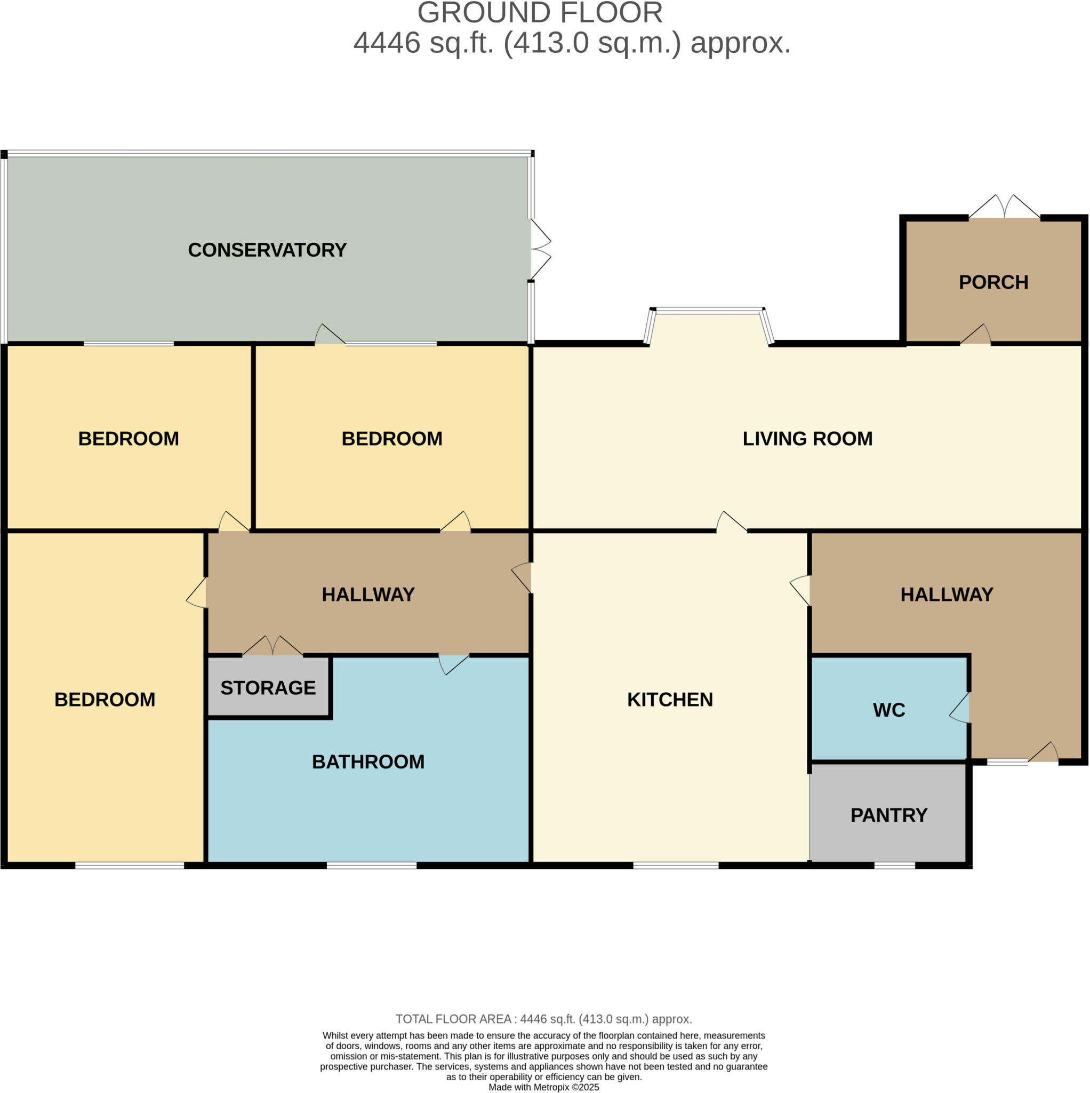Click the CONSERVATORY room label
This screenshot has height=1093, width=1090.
(x=267, y=250)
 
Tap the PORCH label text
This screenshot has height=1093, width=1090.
(x=993, y=282)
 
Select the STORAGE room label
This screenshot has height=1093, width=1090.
(x=268, y=688)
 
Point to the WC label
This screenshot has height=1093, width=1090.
(x=889, y=710)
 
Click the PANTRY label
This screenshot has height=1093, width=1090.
(x=889, y=815)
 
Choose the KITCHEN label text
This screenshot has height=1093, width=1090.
(x=670, y=700)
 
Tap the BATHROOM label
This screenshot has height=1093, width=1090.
(x=368, y=762)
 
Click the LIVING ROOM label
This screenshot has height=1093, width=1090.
(x=807, y=439)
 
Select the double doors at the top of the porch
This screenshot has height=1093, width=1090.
(x=1004, y=208)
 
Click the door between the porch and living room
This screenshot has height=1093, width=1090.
(x=976, y=335)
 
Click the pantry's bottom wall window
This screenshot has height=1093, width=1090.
(x=894, y=866)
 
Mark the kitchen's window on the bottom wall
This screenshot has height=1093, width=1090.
(x=676, y=866)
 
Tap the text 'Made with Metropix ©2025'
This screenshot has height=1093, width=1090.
(x=543, y=1087)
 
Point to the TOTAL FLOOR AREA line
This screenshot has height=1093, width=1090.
(x=543, y=1019)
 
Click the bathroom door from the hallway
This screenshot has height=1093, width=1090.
(x=453, y=663)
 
